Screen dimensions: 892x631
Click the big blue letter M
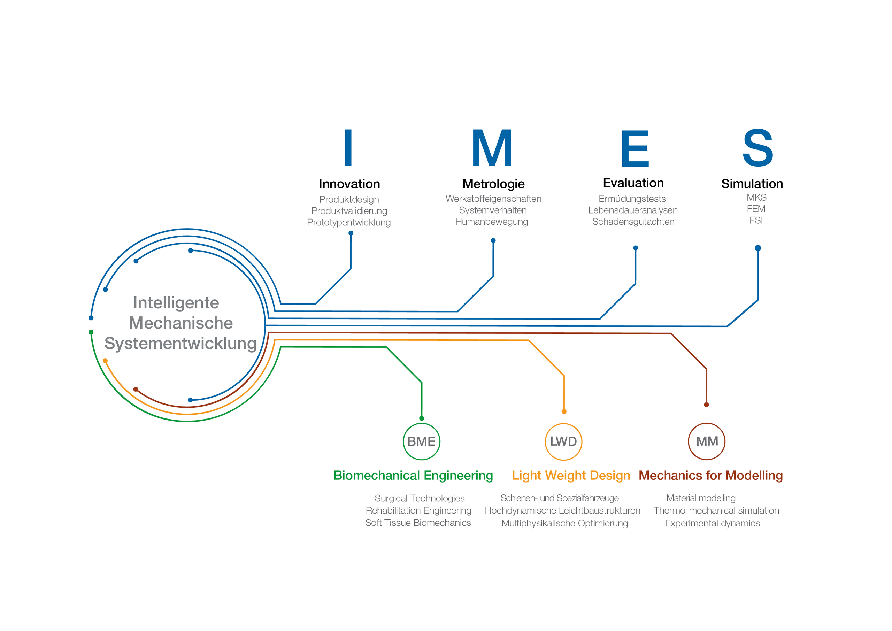492,148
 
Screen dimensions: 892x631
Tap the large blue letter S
758,148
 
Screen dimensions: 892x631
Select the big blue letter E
635,148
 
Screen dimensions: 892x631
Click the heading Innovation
349,184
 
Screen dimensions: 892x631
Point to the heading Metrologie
493,184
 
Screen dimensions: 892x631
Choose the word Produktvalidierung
349,211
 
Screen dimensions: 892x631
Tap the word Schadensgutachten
633,222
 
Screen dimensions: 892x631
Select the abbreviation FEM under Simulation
756,209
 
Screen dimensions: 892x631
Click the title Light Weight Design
571,476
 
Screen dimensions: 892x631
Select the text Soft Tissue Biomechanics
418,523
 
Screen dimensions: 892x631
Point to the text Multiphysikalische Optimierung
564,523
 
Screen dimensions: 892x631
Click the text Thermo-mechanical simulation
716,510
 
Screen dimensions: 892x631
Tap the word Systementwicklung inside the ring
180,344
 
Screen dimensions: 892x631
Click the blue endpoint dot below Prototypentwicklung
351,233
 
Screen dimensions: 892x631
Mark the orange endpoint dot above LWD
564,411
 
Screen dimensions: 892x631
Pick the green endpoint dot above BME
422,418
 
